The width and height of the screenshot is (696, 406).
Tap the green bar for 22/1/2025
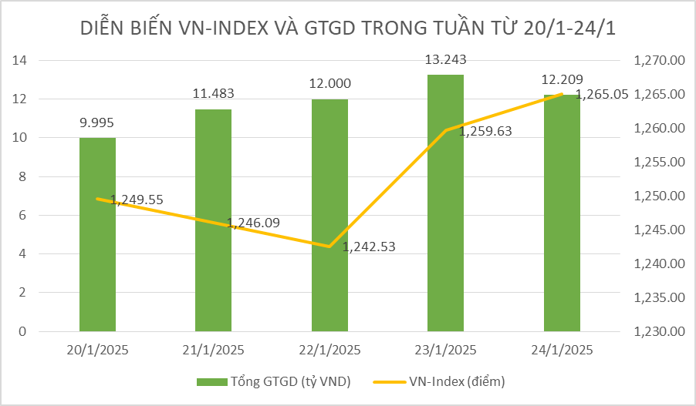pyautogui.click(x=329, y=215)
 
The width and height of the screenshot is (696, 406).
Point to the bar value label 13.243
pyautogui.click(x=445, y=59)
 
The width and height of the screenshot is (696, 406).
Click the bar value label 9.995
pyautogui.click(x=97, y=122)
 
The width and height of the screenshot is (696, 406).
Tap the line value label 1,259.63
pyautogui.click(x=485, y=131)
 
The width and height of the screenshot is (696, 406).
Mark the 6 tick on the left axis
pyautogui.click(x=24, y=216)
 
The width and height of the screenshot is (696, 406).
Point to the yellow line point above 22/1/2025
pyautogui.click(x=329, y=247)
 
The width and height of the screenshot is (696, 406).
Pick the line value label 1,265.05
pyautogui.click(x=602, y=94)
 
